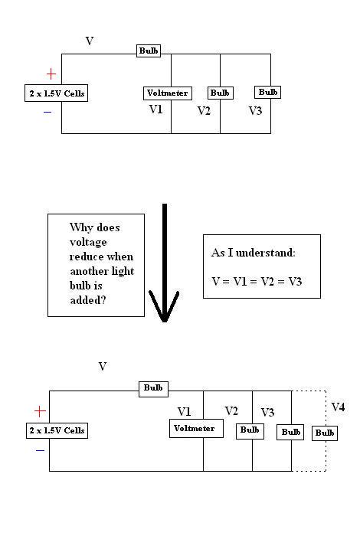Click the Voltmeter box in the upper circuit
tap(167, 93)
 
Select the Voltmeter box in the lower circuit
tap(196, 428)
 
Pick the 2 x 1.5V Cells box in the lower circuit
tap(57, 430)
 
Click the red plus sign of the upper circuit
tap(51, 74)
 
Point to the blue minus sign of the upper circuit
tap(47, 112)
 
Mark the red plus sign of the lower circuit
tap(40, 411)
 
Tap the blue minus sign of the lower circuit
tap(40, 450)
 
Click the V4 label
tap(338, 407)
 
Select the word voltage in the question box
tap(88, 241)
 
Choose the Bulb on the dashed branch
tap(325, 433)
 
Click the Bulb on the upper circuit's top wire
tap(149, 51)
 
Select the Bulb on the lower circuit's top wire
tap(153, 388)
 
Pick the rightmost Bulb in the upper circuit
tap(268, 92)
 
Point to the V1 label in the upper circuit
tap(156, 109)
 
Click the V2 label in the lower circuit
tap(231, 411)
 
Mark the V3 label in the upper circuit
tap(256, 110)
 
